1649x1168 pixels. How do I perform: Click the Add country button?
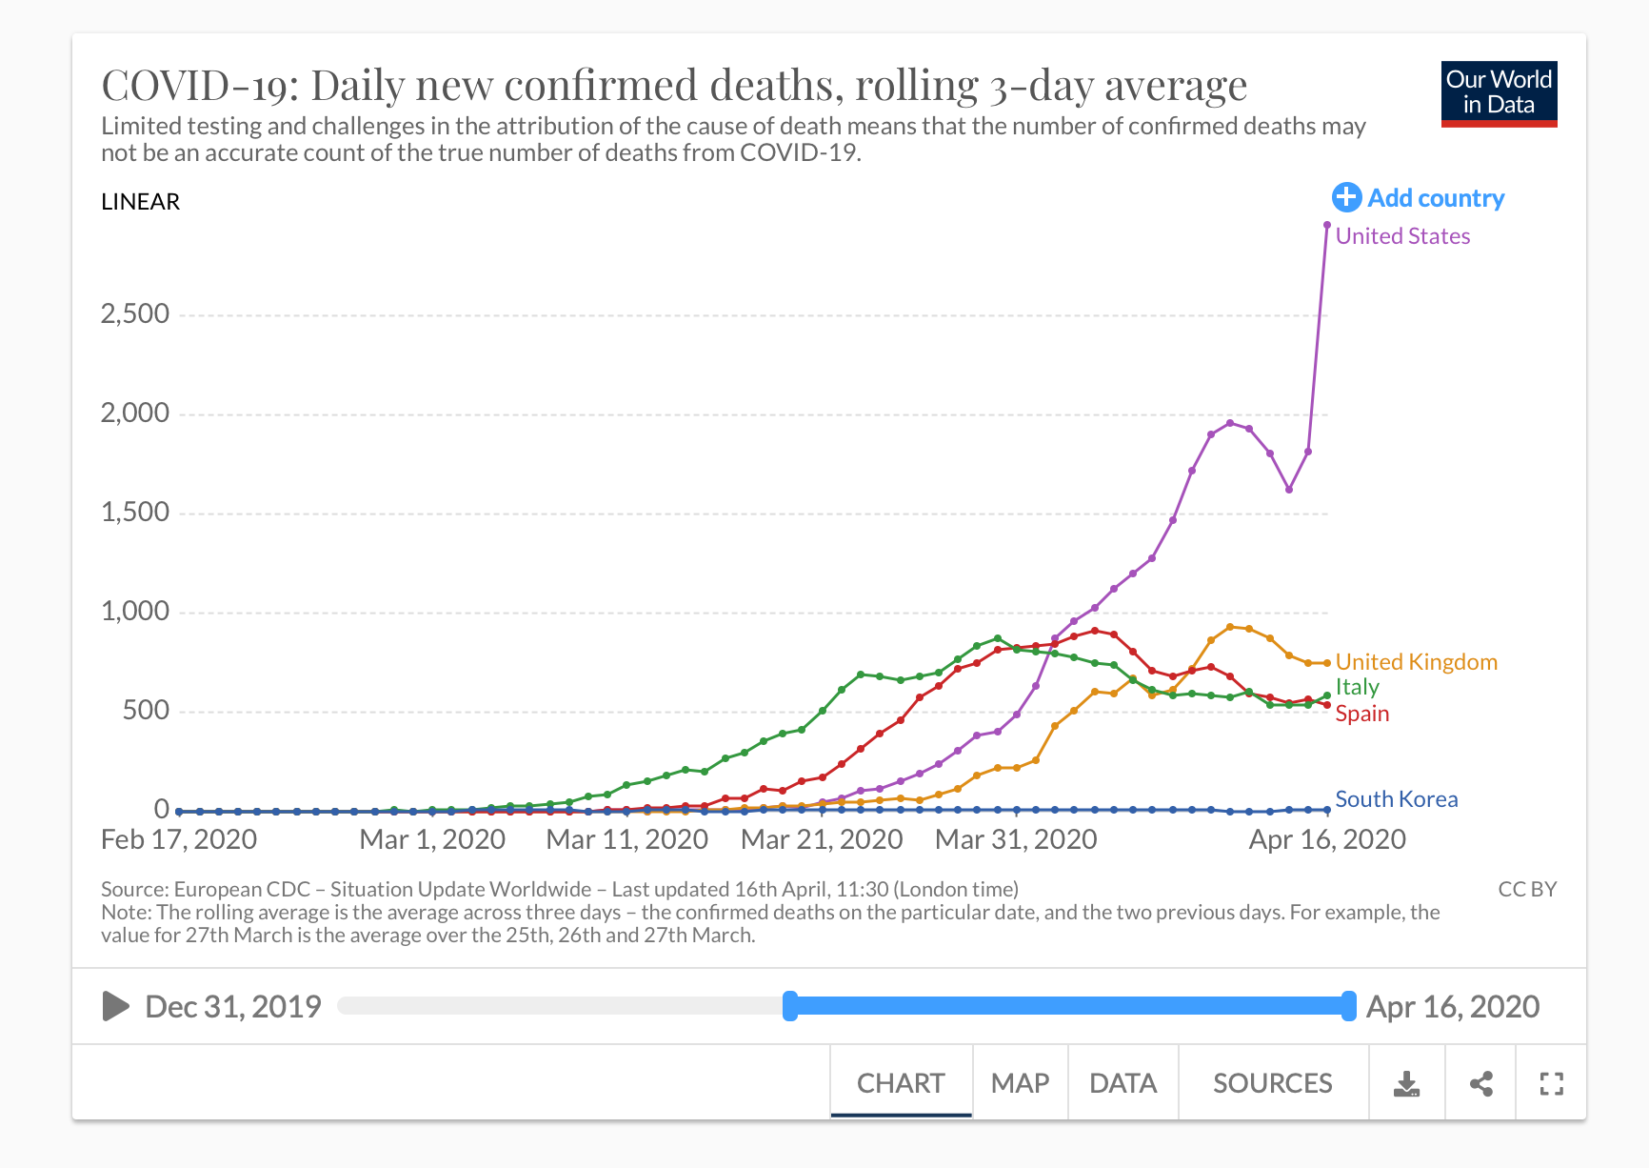tap(1418, 198)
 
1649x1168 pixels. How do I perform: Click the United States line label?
tap(1402, 236)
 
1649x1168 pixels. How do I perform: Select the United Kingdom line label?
tap(1416, 662)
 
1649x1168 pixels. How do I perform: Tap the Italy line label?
tap(1357, 687)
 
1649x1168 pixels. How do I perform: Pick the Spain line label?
tap(1361, 714)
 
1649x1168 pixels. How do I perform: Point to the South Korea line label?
tap(1396, 799)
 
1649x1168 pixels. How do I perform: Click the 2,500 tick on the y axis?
tap(135, 314)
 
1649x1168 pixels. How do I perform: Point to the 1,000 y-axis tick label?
tap(135, 612)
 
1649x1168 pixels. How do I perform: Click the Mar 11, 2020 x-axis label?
tap(626, 839)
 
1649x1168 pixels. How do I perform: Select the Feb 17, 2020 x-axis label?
tap(179, 839)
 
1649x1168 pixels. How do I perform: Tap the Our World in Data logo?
tap(1499, 93)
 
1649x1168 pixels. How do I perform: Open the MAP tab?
tap(1020, 1083)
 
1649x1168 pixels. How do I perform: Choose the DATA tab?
tap(1123, 1083)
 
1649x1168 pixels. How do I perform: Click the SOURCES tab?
tap(1272, 1083)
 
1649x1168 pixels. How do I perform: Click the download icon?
tap(1406, 1083)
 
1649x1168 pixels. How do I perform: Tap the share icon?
tap(1480, 1083)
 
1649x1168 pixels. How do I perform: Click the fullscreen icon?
tap(1551, 1083)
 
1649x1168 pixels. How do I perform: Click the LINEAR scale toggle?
tap(141, 202)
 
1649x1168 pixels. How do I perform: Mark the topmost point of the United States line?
tap(1327, 225)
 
